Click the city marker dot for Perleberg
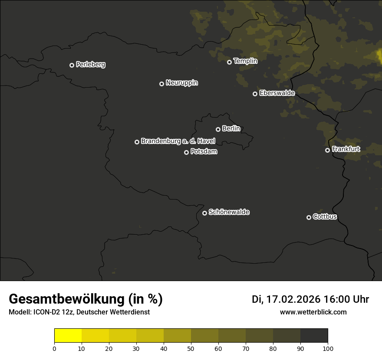[72, 65]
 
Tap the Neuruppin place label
[181, 83]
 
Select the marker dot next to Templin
[229, 62]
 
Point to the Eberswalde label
[277, 93]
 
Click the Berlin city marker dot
[218, 129]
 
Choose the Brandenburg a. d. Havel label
[178, 141]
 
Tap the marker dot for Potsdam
[186, 152]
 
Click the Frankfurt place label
[346, 149]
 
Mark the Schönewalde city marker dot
[204, 213]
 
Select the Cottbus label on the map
[325, 216]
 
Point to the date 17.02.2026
[293, 299]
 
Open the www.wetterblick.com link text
[313, 312]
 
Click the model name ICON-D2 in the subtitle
[46, 312]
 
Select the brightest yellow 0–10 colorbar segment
[68, 336]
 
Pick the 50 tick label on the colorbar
[191, 348]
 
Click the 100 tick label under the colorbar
[328, 348]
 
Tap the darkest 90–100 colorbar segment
[314, 336]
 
